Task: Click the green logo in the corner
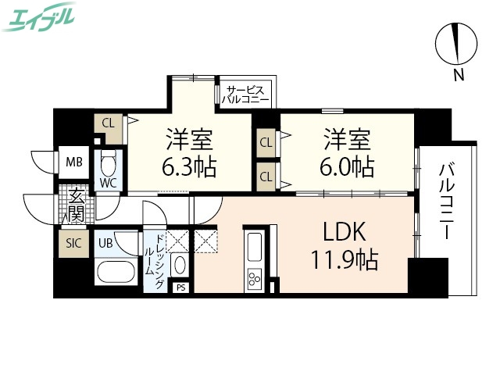40,16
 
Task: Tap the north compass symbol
457,45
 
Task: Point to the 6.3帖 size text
190,166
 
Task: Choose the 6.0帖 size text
348,166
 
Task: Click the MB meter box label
74,162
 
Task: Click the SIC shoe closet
73,242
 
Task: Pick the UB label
105,242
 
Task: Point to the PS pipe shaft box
180,287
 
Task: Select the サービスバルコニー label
245,95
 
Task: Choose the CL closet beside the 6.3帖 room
109,122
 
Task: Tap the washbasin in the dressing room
179,264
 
